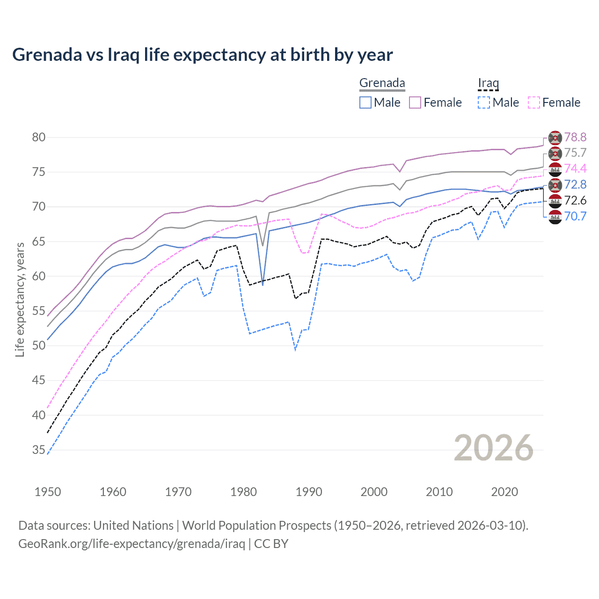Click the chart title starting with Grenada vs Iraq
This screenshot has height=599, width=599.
click(x=202, y=55)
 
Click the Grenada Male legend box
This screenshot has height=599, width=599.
click(x=365, y=102)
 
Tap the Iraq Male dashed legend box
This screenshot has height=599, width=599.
click(x=484, y=102)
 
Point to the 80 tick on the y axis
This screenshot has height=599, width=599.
click(x=39, y=137)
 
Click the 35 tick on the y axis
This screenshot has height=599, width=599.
click(x=39, y=450)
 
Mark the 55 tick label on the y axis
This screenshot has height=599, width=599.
click(x=39, y=311)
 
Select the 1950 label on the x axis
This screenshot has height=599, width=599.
click(x=48, y=492)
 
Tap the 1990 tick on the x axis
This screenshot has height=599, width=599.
click(x=309, y=492)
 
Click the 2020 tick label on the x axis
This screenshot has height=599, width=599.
click(x=504, y=492)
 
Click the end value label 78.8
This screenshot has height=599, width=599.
click(x=575, y=137)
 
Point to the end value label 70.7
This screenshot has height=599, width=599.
click(x=575, y=216)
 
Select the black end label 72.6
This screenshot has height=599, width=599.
click(x=575, y=200)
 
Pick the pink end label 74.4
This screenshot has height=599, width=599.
click(x=575, y=168)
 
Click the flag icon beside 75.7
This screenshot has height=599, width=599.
click(x=555, y=153)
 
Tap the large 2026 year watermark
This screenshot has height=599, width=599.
click(x=494, y=448)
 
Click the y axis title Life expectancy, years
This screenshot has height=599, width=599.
click(x=20, y=299)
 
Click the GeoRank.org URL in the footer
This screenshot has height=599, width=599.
click(x=131, y=544)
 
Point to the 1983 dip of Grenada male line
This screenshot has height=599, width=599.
click(x=263, y=285)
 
